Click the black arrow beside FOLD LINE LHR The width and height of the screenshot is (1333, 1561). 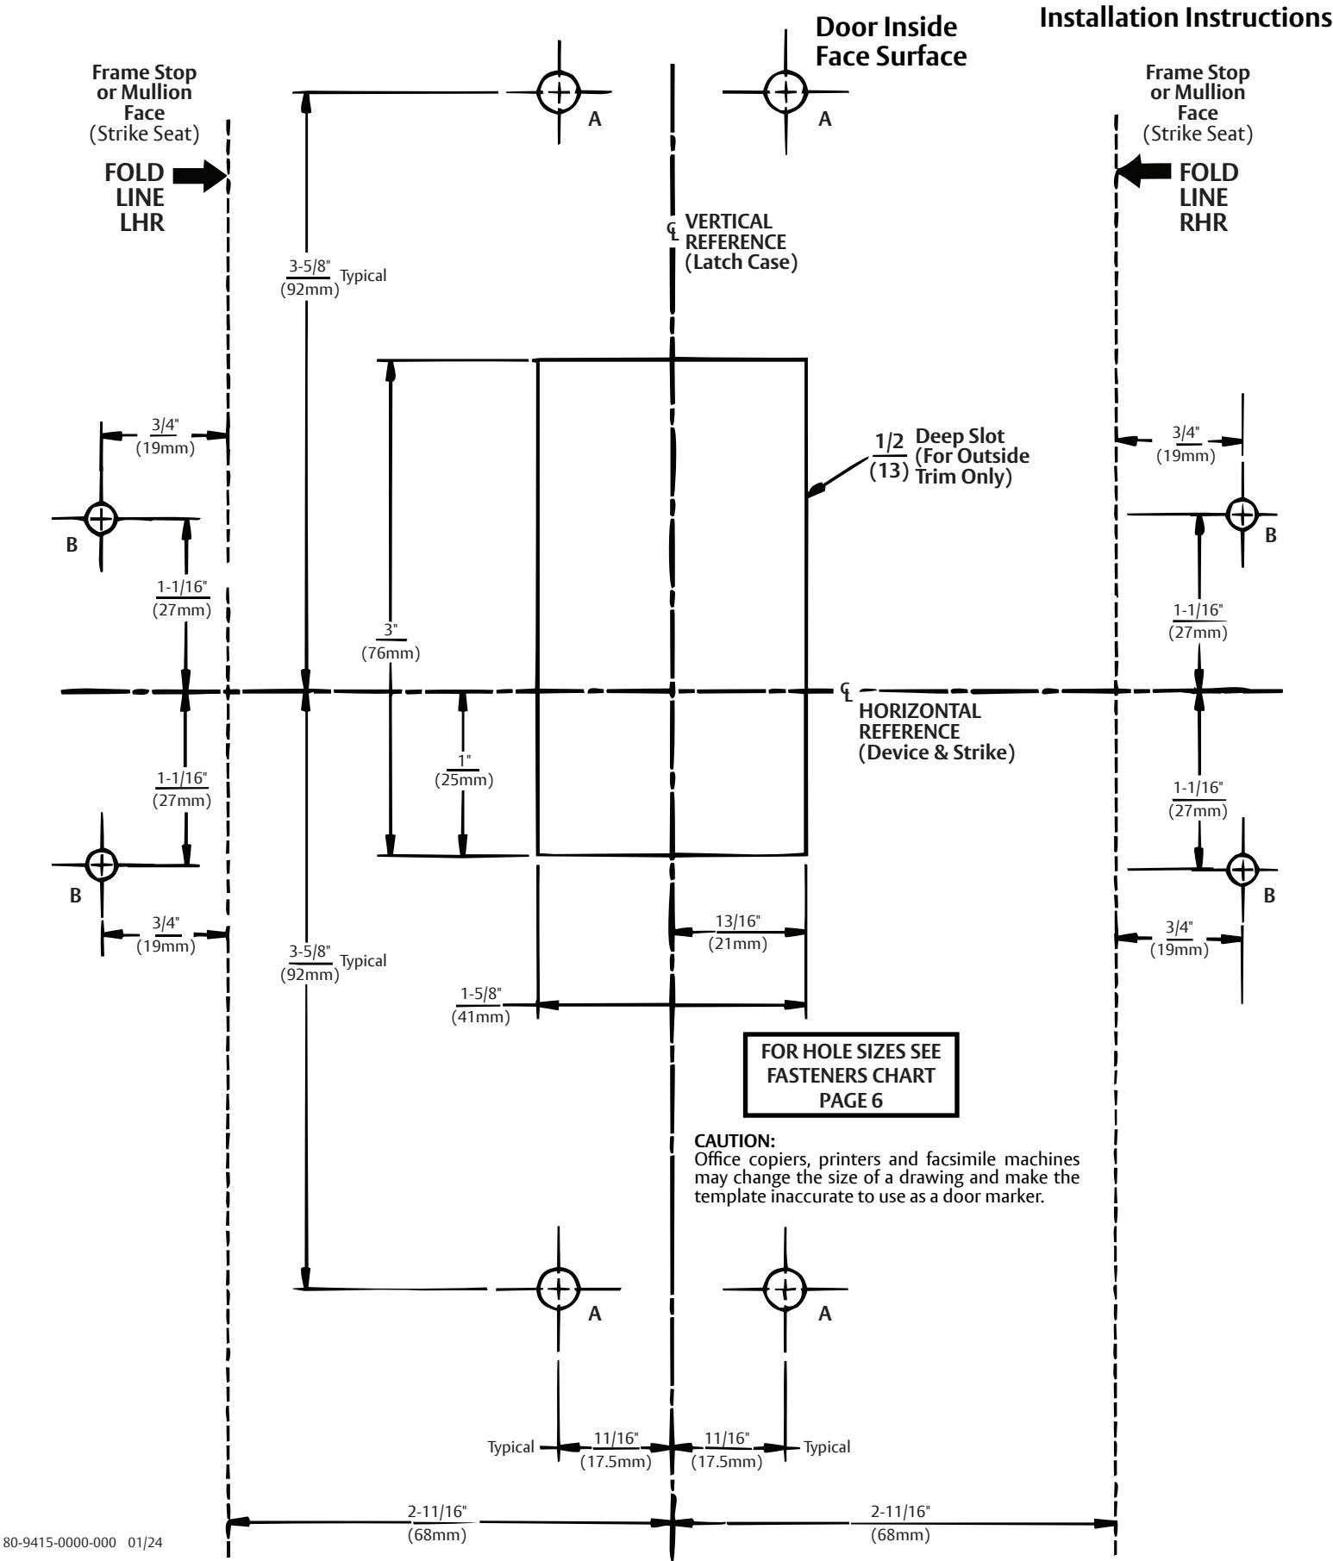tap(199, 177)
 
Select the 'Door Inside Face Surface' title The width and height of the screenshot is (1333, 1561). tap(891, 41)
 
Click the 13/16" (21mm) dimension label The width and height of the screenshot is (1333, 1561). tap(738, 932)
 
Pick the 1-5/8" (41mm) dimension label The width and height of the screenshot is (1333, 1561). tap(480, 1005)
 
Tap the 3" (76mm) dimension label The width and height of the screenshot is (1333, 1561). tap(391, 641)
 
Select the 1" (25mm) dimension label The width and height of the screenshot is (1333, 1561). tap(464, 770)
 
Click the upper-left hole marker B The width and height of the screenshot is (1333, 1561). tap(102, 518)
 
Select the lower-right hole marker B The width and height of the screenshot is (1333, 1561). tap(1242, 868)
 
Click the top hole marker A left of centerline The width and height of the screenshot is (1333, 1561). tap(559, 91)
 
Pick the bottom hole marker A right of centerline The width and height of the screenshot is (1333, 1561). tap(785, 1288)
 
